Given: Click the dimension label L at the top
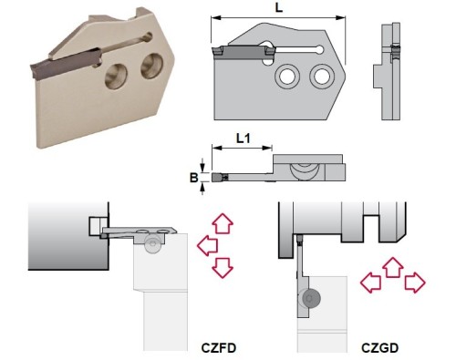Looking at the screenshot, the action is point(279,7).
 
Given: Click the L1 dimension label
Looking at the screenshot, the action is point(244,139).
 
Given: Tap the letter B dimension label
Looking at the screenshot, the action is point(193,178).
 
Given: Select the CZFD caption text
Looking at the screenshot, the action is point(219,348).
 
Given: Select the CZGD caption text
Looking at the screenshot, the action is point(379,348).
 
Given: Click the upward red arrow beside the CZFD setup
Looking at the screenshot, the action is point(223,223).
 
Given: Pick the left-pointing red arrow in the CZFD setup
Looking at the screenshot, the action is point(208,245).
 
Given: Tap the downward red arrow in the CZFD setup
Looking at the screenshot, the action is point(223,268).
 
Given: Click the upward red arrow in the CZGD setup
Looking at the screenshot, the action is point(392,267).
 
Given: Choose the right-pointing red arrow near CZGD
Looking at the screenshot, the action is point(415,283).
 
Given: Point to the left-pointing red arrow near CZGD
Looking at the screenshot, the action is point(370,283).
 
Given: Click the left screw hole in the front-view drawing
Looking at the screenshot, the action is point(287,76).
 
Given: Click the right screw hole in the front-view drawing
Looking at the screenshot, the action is point(322,76).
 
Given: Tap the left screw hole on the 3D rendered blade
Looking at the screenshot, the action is point(116,77).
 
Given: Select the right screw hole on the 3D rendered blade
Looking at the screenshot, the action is point(152,67).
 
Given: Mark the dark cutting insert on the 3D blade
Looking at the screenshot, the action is point(66,64).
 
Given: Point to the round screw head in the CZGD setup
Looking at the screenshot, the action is point(310,298).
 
